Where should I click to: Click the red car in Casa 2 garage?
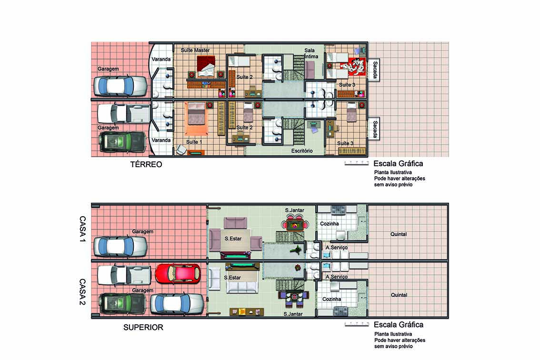point(178,274)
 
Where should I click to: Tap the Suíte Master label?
point(195,50)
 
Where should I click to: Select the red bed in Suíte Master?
point(206,67)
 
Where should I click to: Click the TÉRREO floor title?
point(146,164)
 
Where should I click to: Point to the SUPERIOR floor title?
point(143,327)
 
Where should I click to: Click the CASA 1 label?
point(82,229)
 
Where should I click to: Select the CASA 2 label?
point(82,292)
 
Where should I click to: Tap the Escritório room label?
point(302,151)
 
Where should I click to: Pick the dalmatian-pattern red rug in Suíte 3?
point(351,66)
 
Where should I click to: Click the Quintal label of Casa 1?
point(399,234)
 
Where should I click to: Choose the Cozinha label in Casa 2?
point(331,299)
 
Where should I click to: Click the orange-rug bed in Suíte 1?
point(196,119)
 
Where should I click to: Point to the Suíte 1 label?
point(194,142)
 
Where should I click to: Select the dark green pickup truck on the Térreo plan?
point(121,142)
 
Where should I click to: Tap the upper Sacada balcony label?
point(375,70)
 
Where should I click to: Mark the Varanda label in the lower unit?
point(161,140)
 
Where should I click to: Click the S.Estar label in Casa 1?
point(233,239)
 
